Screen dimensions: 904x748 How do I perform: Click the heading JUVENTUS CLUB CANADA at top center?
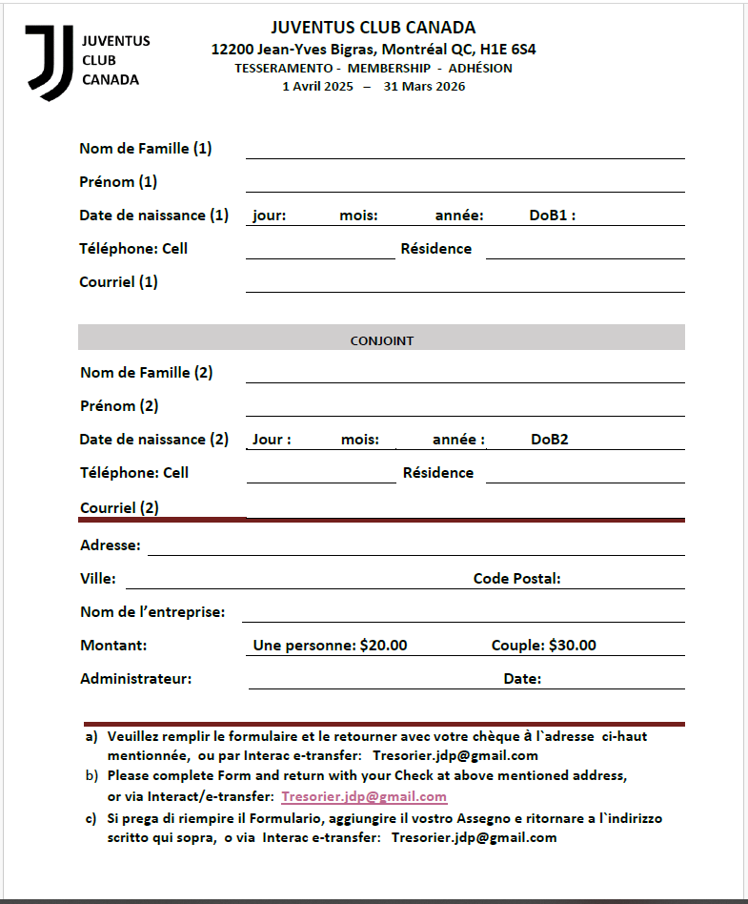pos(373,28)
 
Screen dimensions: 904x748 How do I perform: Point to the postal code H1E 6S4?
pos(512,49)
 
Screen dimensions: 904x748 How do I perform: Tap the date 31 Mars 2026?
pos(424,86)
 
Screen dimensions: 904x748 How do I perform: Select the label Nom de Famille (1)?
pos(146,149)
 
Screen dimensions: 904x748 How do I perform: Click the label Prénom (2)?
pos(119,406)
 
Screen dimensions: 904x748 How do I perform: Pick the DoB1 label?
pos(552,216)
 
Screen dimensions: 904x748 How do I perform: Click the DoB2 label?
pos(550,440)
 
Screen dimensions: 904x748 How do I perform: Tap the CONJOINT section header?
pos(381,340)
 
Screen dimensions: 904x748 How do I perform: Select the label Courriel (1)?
pos(119,282)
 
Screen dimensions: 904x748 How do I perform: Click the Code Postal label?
pos(516,579)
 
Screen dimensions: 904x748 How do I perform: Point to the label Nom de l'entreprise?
pos(152,612)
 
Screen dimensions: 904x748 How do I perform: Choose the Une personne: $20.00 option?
pos(330,646)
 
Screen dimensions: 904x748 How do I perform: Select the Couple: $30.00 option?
pos(543,646)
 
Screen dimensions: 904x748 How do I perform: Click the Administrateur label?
pos(136,679)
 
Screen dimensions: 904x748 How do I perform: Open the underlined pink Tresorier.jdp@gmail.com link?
pos(364,797)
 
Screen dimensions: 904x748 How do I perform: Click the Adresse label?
pos(111,545)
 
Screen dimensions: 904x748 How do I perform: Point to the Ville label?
pos(98,579)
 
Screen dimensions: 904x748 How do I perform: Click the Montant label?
pos(113,646)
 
